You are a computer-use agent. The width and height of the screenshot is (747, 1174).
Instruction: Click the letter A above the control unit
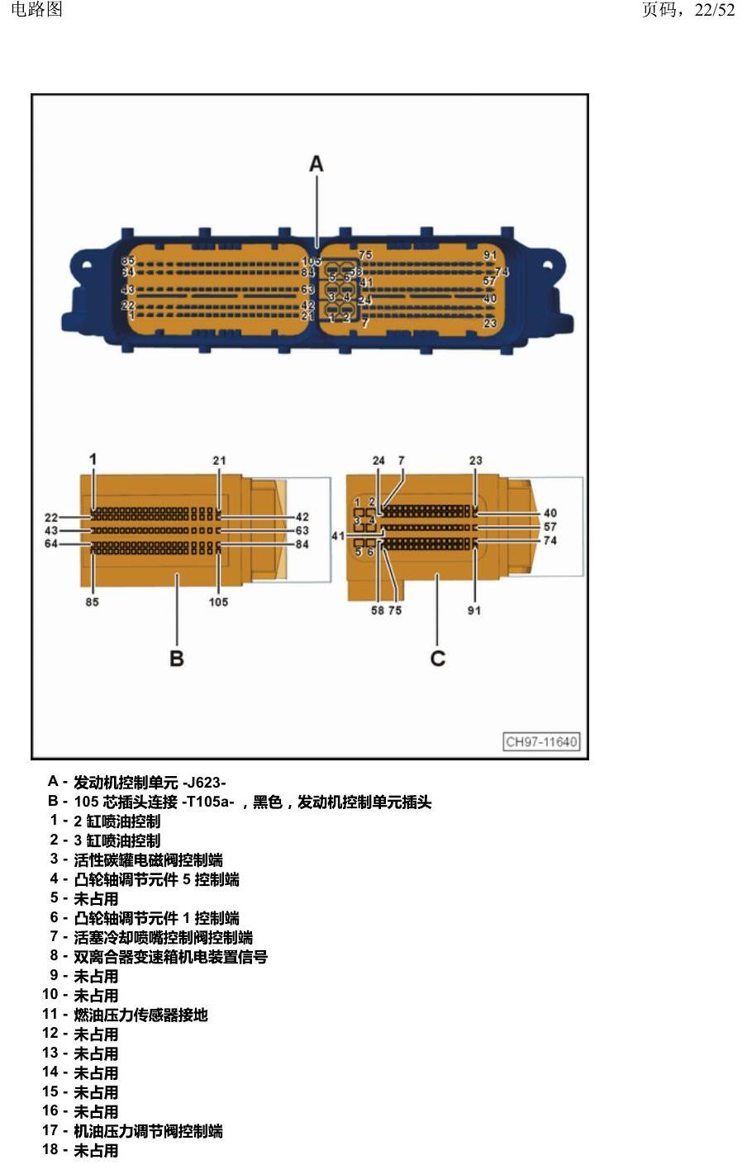[316, 164]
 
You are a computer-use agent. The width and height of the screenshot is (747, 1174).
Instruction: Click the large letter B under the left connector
[177, 658]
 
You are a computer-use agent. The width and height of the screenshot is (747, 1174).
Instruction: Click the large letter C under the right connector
[437, 658]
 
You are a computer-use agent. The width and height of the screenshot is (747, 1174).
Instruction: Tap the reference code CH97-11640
[541, 741]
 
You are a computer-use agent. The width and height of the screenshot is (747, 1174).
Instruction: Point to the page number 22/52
[715, 9]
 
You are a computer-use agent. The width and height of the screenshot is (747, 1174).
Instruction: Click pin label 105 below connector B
[218, 602]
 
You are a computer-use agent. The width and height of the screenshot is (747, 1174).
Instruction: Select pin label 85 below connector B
[92, 602]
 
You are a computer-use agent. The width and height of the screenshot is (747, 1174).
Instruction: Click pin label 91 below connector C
[473, 611]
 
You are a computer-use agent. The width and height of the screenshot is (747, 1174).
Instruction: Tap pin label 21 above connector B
[219, 461]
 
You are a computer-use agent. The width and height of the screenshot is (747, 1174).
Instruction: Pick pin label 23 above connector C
[475, 461]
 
